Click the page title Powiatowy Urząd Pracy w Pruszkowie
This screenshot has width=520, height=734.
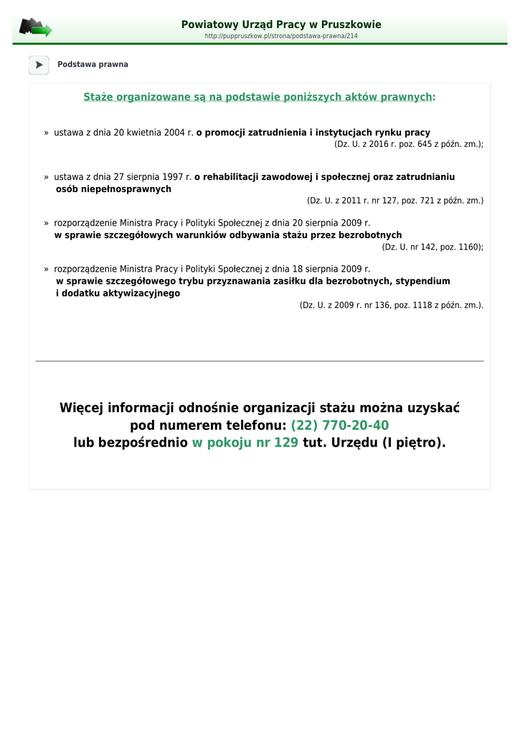281,24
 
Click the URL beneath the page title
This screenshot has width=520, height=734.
281,36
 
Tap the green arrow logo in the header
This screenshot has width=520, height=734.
36,28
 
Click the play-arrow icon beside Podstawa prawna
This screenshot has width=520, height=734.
39,65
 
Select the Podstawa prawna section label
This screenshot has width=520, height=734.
93,65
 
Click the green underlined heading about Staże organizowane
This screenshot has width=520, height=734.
259,97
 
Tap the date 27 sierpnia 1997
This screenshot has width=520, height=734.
147,176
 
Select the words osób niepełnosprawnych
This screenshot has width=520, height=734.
113,189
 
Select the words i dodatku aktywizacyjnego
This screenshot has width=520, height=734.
118,293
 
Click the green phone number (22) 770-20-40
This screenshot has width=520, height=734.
340,426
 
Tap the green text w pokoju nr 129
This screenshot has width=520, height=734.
245,443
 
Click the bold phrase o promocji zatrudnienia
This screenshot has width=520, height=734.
252,133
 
